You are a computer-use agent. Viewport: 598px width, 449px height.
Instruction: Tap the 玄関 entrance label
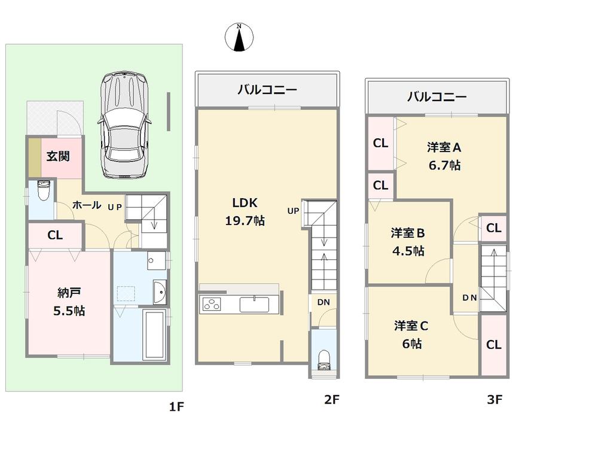59,156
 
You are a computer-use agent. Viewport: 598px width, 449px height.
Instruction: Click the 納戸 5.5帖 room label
69,302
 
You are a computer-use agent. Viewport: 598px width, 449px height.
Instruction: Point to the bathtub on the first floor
155,335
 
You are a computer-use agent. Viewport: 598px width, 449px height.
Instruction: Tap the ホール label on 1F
86,205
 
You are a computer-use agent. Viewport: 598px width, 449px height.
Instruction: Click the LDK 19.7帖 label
245,211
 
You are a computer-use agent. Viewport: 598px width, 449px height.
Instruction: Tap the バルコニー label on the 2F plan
267,91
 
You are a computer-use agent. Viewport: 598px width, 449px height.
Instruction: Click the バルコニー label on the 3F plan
437,96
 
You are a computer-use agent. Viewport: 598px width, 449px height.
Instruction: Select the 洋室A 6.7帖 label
443,156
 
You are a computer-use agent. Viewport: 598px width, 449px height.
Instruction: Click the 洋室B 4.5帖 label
408,241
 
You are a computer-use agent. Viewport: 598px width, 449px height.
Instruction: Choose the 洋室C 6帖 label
411,335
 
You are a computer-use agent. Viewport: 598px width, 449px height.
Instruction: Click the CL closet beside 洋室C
493,345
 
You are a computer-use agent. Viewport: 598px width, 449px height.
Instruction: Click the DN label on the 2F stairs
323,303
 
